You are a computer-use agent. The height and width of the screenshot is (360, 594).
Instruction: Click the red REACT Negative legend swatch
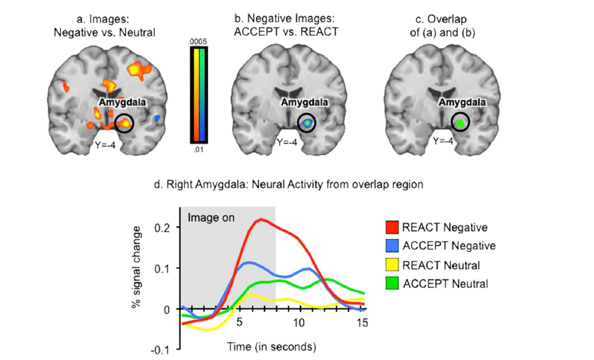389,227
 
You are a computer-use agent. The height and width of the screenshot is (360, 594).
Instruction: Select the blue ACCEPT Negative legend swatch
389,245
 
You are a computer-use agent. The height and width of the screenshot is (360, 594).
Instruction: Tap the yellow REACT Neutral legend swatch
389,264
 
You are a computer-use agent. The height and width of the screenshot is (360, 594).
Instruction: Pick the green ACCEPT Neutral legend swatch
389,283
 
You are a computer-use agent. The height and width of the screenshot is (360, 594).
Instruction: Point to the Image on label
211,218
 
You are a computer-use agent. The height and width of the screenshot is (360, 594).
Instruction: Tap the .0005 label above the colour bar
197,41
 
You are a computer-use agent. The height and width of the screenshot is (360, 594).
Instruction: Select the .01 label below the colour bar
197,150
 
